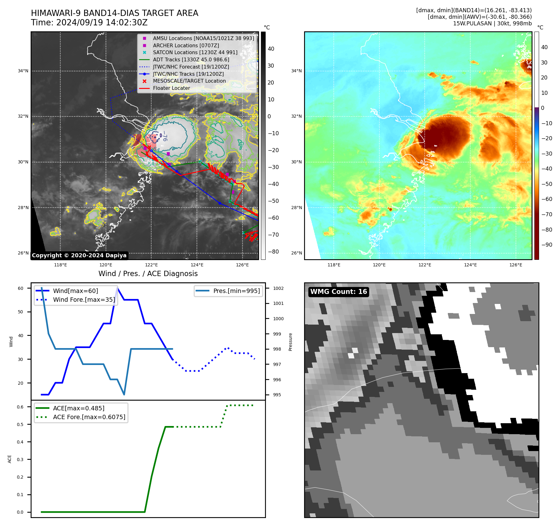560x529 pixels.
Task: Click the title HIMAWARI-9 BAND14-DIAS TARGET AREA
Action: [x=114, y=13]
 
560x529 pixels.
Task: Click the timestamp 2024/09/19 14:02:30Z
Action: [x=102, y=23]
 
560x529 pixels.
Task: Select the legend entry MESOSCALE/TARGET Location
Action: [x=189, y=81]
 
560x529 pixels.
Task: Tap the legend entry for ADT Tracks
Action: [x=191, y=60]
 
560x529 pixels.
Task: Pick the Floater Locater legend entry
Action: [x=171, y=88]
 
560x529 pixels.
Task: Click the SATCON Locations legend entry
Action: [x=195, y=53]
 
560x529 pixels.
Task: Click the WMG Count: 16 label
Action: [x=338, y=292]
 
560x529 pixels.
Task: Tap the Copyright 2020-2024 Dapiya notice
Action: [x=79, y=255]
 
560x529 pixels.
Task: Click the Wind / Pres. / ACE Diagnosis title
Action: [x=148, y=274]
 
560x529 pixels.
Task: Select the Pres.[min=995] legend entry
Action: [x=236, y=291]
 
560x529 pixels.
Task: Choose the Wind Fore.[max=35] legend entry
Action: [x=84, y=300]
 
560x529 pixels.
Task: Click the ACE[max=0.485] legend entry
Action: [x=78, y=408]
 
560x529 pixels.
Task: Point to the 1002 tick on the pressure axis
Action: [x=278, y=288]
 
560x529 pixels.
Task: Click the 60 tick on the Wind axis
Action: [x=21, y=288]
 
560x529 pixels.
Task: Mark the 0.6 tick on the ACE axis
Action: [x=20, y=407]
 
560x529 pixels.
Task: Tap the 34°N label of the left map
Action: [x=23, y=71]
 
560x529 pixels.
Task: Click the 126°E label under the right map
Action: [x=516, y=265]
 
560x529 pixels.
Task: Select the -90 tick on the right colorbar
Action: [x=547, y=245]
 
